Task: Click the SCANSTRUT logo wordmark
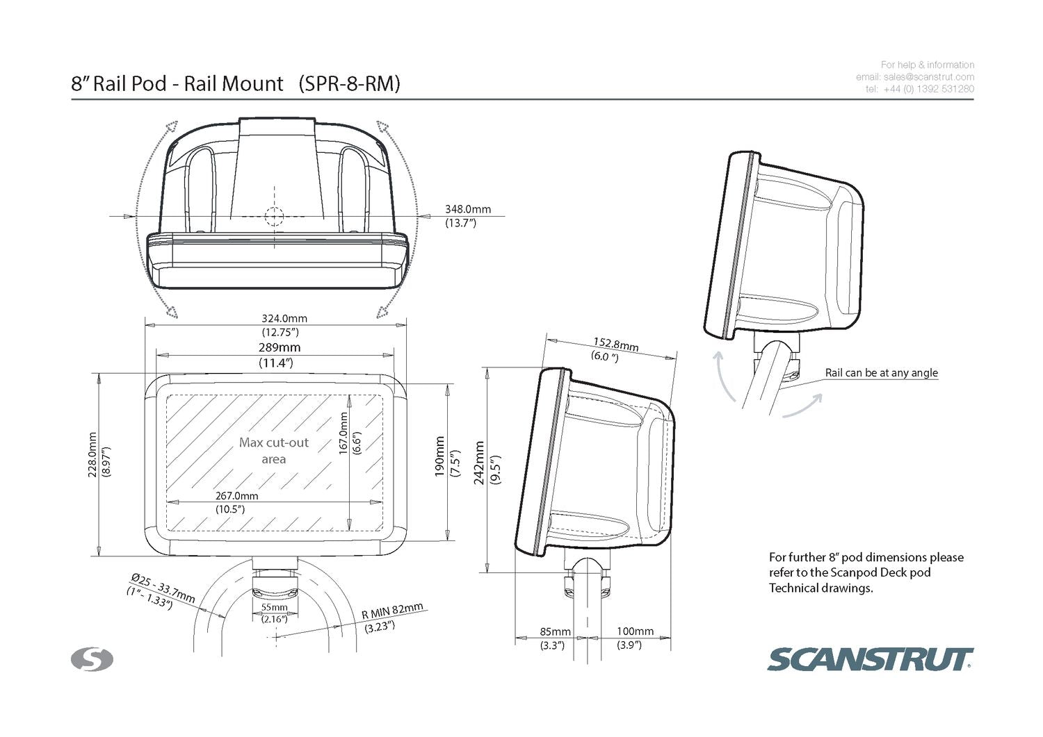coord(870,659)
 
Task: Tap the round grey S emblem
coord(92,659)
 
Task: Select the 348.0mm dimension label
coord(468,209)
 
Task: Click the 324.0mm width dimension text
coord(284,319)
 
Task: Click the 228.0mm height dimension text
coord(92,455)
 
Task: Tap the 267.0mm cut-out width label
coord(236,496)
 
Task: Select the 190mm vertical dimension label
coord(439,456)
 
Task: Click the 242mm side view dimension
coord(479,463)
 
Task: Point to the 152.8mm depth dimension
coord(615,344)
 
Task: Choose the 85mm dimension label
coord(555,631)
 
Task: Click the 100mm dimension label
coord(635,631)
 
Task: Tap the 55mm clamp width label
coord(274,607)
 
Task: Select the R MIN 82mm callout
coord(392,611)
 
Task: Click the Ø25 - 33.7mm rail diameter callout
coord(163,588)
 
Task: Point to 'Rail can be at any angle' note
coord(881,373)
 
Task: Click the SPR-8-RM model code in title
coord(349,84)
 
